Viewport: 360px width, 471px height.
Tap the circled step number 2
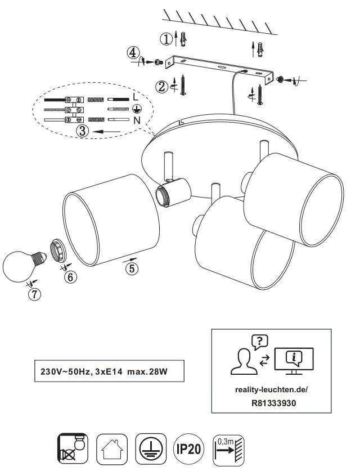161,86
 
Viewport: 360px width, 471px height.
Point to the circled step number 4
132,53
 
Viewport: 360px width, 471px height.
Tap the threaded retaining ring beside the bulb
59,249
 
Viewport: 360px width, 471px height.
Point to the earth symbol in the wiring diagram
135,109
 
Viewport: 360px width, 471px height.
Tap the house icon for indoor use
112,449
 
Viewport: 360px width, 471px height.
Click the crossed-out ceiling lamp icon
73,449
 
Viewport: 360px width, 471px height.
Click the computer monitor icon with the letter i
294,358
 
